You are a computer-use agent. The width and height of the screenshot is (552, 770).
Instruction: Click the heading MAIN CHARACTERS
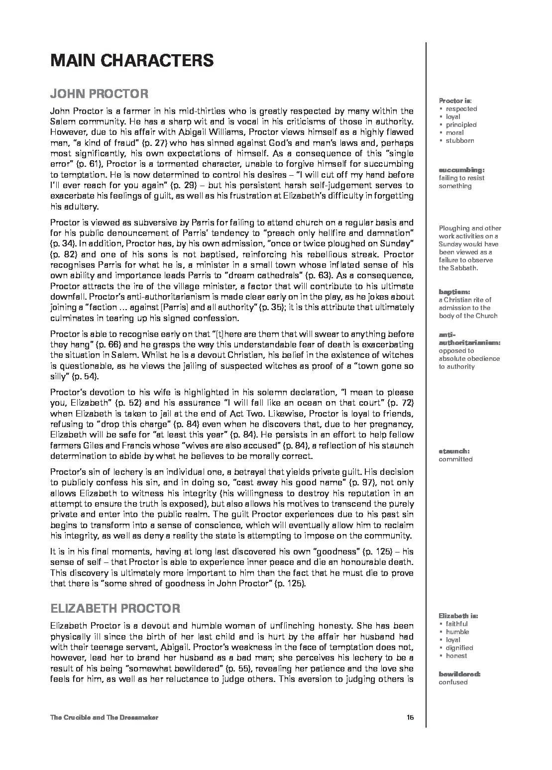pyautogui.click(x=132, y=61)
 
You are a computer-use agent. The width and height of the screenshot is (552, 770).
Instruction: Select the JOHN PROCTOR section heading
pyautogui.click(x=99, y=94)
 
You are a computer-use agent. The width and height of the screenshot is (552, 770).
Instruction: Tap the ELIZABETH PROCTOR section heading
pyautogui.click(x=115, y=608)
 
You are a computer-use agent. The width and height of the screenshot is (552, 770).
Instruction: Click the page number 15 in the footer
pyautogui.click(x=410, y=717)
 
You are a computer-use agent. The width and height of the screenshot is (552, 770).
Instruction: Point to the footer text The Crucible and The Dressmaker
pyautogui.click(x=104, y=717)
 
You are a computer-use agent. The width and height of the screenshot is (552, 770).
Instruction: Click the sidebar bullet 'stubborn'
pyautogui.click(x=460, y=141)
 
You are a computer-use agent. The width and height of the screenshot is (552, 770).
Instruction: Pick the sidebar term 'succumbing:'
pyautogui.click(x=461, y=170)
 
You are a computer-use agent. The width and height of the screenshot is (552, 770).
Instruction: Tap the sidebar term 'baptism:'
pyautogui.click(x=454, y=292)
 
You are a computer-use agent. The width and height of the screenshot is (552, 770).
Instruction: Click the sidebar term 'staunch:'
pyautogui.click(x=454, y=451)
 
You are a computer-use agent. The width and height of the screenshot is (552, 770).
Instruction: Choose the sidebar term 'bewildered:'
pyautogui.click(x=459, y=674)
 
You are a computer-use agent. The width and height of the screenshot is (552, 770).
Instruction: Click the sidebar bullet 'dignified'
pyautogui.click(x=459, y=648)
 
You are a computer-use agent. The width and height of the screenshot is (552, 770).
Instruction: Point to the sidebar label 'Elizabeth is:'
pyautogui.click(x=458, y=616)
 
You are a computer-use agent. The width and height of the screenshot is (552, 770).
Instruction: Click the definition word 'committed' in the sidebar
pyautogui.click(x=455, y=459)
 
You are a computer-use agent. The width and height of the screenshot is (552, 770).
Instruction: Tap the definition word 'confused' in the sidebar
pyautogui.click(x=453, y=682)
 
